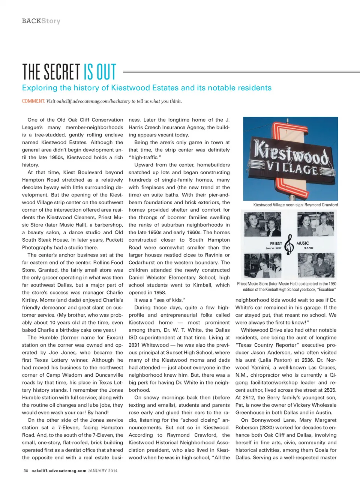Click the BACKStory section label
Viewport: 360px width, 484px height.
pyautogui.click(x=41, y=21)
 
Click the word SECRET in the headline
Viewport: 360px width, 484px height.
pyautogui.click(x=62, y=72)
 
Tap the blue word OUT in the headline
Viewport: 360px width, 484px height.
pyautogui.click(x=106, y=72)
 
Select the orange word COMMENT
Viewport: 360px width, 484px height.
pyautogui.click(x=33, y=101)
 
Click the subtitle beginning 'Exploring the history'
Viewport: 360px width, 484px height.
pyautogui.click(x=147, y=88)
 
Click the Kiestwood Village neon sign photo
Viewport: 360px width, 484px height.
pyautogui.click(x=290, y=158)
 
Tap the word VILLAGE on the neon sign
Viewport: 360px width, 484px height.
pyautogui.click(x=292, y=168)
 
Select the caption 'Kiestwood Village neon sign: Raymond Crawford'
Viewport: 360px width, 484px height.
pyautogui.click(x=295, y=205)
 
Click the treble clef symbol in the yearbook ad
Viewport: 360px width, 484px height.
pyautogui.click(x=289, y=244)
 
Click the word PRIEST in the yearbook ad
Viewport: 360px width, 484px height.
pyautogui.click(x=276, y=244)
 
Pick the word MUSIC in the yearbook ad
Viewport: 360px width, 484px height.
pyautogui.click(x=303, y=243)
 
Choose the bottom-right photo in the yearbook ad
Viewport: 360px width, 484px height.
pyautogui.click(x=316, y=265)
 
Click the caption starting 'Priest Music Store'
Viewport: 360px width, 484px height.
pyautogui.click(x=286, y=287)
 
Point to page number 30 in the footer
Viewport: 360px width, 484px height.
pyautogui.click(x=26, y=470)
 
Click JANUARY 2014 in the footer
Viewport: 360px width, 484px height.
pyautogui.click(x=102, y=470)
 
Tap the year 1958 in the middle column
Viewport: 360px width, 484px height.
pyautogui.click(x=160, y=293)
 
